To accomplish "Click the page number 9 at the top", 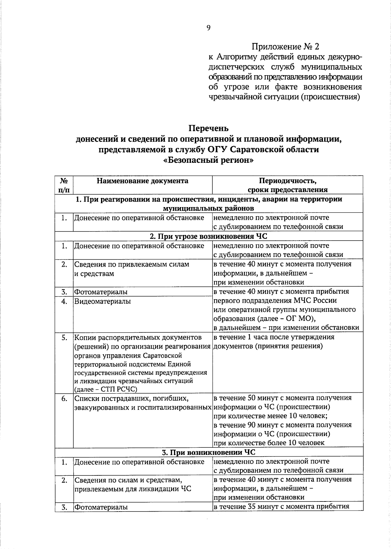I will click(x=209, y=28).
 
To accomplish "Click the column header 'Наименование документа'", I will click(x=142, y=181).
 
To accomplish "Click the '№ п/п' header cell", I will click(x=64, y=185).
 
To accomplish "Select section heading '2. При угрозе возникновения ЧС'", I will click(x=209, y=236).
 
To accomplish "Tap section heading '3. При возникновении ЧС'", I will click(x=209, y=452).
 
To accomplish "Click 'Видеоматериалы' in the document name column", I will click(x=103, y=301).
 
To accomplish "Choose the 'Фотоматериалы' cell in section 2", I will click(x=101, y=292).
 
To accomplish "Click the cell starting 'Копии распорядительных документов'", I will click(x=138, y=337).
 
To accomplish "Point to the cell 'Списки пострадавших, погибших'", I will click(x=132, y=398).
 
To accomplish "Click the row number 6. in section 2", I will click(x=64, y=398).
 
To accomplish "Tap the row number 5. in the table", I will click(x=64, y=337).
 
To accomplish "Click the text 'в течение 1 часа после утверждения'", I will click(x=274, y=337).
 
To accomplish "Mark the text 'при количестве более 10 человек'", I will click(x=269, y=443).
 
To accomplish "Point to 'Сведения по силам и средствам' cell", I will click(x=127, y=480).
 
